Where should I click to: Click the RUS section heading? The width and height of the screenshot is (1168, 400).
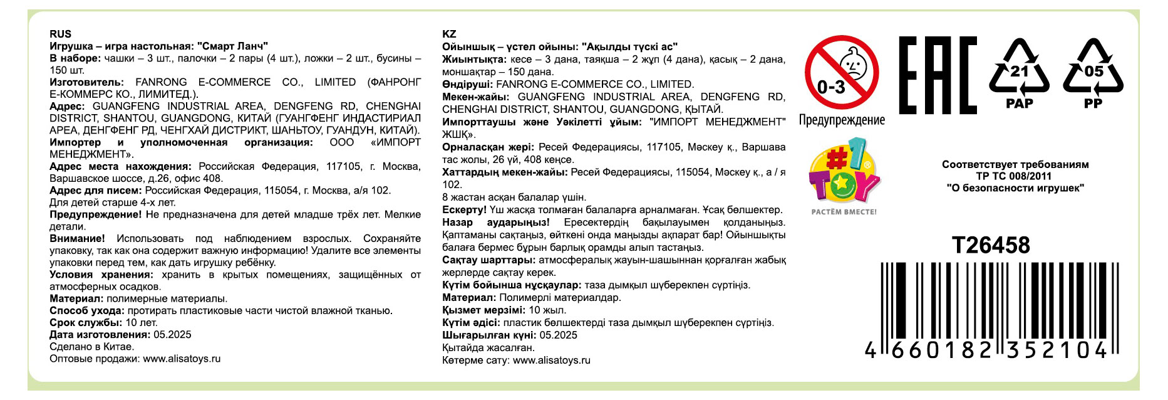[60, 34]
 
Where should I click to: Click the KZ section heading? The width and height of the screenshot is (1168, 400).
[449, 34]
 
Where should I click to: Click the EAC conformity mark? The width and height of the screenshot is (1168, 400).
[937, 75]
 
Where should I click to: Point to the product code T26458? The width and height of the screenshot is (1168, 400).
[991, 245]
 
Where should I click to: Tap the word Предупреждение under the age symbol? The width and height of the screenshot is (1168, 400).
[842, 120]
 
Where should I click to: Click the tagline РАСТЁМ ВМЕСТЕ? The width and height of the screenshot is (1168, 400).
[844, 212]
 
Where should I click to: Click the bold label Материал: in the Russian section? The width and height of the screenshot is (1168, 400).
[76, 299]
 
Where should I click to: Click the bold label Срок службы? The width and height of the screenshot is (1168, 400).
[86, 323]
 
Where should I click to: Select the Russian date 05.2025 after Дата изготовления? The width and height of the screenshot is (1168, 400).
[172, 335]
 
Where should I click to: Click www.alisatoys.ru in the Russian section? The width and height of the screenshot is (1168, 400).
[182, 359]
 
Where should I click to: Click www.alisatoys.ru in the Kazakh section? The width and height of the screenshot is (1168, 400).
[551, 361]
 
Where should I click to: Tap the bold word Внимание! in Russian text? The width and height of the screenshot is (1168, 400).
[77, 239]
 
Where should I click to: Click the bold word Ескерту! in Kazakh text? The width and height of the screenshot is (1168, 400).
[464, 210]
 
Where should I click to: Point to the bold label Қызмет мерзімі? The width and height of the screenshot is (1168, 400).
[483, 310]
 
